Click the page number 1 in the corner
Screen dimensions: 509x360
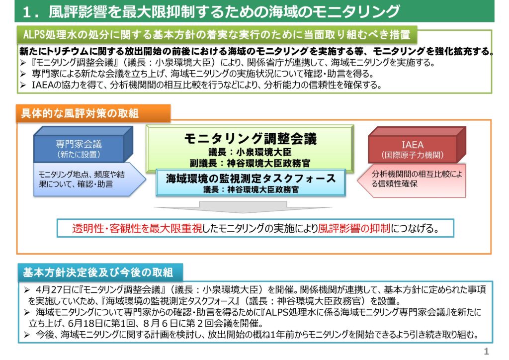(486, 351)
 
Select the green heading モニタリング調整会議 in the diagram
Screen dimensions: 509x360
(251, 139)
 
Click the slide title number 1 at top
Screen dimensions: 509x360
(27, 12)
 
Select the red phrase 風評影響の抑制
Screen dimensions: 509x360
(354, 228)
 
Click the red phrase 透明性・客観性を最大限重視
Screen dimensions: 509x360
(137, 228)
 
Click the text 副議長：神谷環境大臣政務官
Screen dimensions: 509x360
(251, 163)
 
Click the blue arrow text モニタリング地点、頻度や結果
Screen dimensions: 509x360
(82, 179)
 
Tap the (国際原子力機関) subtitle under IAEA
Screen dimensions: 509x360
(412, 155)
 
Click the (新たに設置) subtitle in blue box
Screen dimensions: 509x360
(79, 154)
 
